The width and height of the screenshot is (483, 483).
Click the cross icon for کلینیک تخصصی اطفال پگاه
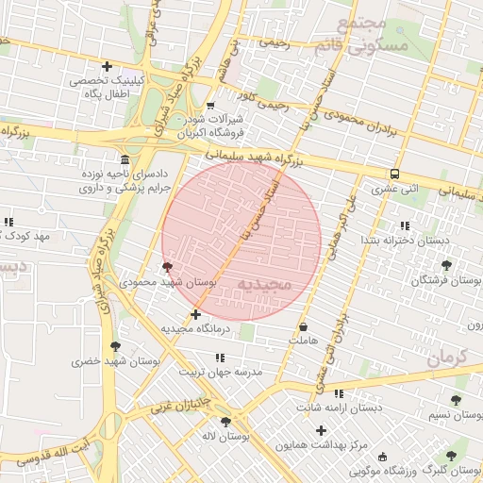coord(107,66)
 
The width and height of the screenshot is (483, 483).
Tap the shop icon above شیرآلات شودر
coord(209,105)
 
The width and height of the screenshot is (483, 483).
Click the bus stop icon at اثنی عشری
coord(394,174)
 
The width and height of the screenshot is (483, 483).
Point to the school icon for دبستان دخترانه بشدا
coord(405,225)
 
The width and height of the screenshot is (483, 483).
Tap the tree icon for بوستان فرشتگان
coord(446,265)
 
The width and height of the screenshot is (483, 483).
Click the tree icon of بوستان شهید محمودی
coord(168,267)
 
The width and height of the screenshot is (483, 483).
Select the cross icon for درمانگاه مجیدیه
coord(195,314)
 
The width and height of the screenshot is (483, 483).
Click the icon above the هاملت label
coord(304,325)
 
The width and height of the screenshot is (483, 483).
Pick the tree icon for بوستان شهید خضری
coord(115,346)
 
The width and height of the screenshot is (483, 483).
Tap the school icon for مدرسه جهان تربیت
coord(221,358)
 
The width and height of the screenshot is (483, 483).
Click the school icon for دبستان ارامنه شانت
coord(339,392)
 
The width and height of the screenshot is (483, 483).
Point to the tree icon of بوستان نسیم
coord(456,400)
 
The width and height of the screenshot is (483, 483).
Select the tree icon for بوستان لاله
coord(225,422)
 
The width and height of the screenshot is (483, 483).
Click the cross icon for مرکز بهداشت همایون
coord(321,429)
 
